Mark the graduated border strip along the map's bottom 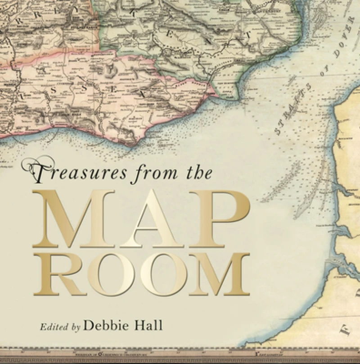(180, 358)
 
